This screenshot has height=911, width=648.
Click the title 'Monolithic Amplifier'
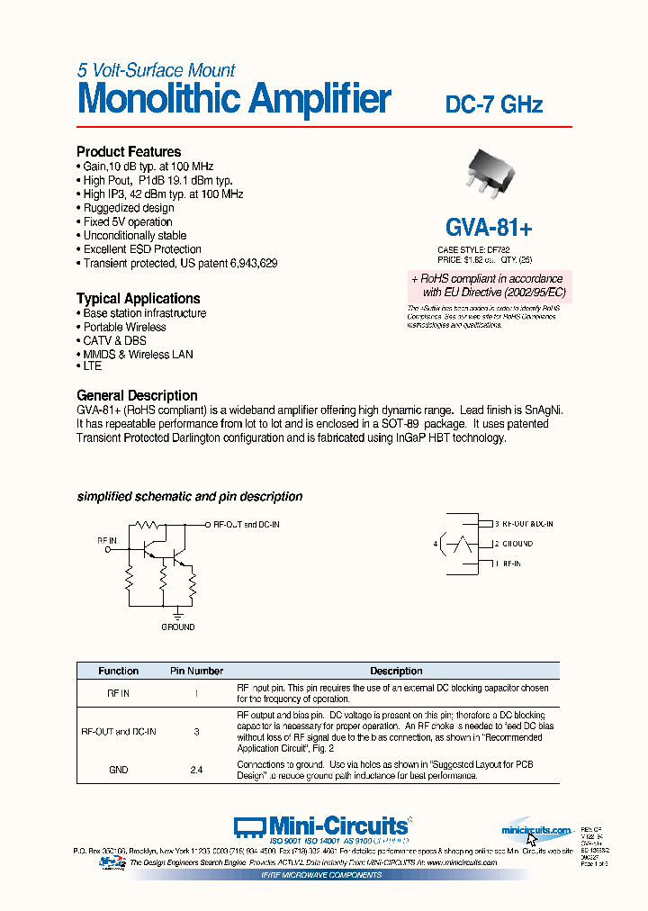coord(234,99)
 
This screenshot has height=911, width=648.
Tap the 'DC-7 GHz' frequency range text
coord(494,104)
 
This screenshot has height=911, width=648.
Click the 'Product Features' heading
coord(129,152)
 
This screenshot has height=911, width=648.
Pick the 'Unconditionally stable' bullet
coord(135,236)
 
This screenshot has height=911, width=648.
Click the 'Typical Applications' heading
coord(138,299)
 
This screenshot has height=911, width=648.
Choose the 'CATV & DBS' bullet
coord(114,340)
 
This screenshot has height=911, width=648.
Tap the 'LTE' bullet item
coord(92,366)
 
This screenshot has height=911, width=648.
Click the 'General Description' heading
coord(137,395)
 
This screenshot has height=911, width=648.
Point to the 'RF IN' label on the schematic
coord(107,541)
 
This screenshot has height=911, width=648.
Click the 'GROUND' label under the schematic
coord(177,627)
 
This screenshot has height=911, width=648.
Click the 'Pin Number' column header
coord(196,671)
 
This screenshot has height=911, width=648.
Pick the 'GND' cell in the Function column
coord(118,770)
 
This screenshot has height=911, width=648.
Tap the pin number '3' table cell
coord(196,732)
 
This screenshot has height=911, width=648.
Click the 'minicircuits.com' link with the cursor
coord(536,831)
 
